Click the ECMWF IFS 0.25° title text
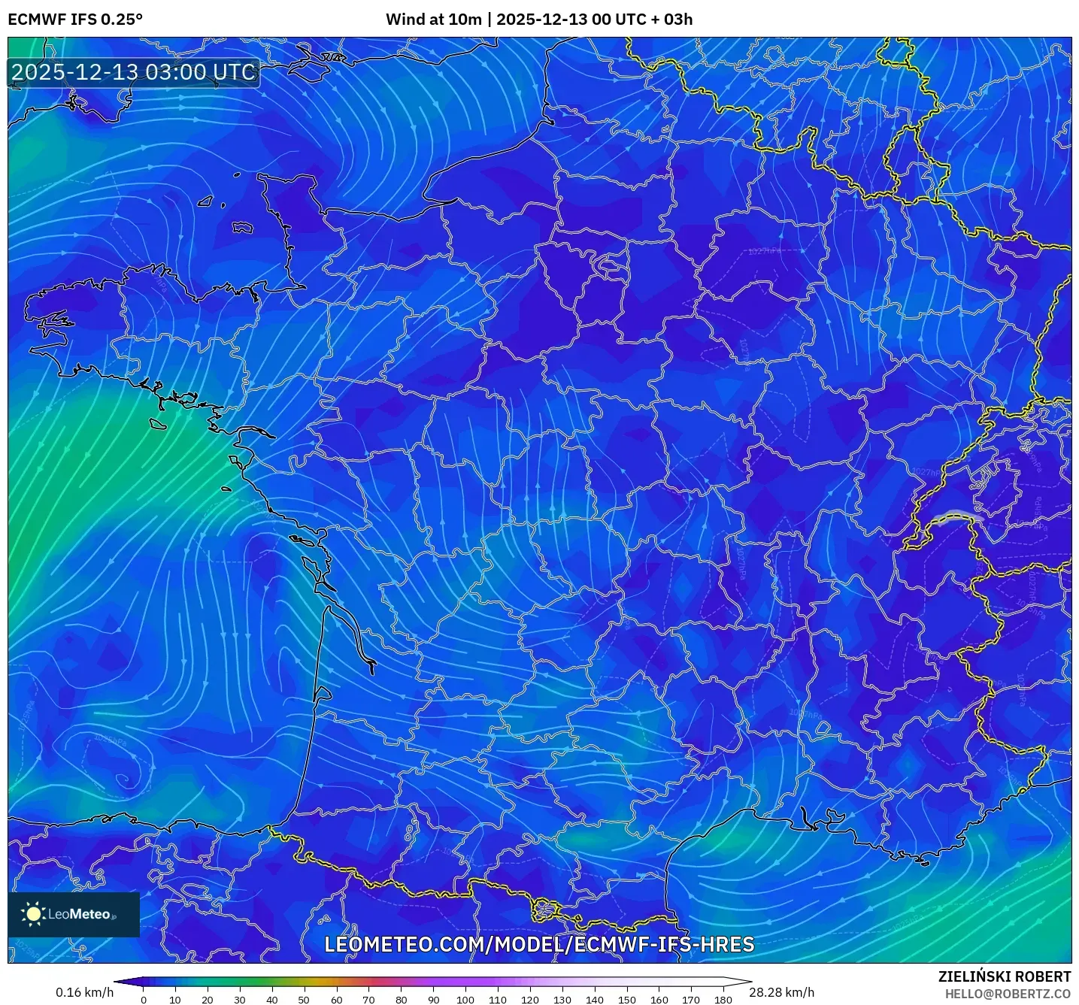(75, 20)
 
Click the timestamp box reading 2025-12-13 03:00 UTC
(134, 72)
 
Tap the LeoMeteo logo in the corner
(74, 914)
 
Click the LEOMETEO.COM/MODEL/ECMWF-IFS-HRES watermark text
(539, 945)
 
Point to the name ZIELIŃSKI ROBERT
(1005, 976)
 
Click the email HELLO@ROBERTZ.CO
(1008, 994)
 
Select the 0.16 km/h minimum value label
(84, 992)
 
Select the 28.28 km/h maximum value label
(782, 992)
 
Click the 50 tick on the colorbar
(304, 1000)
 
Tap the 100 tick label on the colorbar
(465, 1000)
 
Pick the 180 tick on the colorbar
(723, 1000)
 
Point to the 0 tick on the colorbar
(144, 1000)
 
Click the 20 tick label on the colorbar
(208, 1000)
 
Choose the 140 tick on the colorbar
(595, 1000)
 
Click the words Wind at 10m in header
(434, 20)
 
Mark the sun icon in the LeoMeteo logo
(33, 914)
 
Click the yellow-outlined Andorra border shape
(547, 911)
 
